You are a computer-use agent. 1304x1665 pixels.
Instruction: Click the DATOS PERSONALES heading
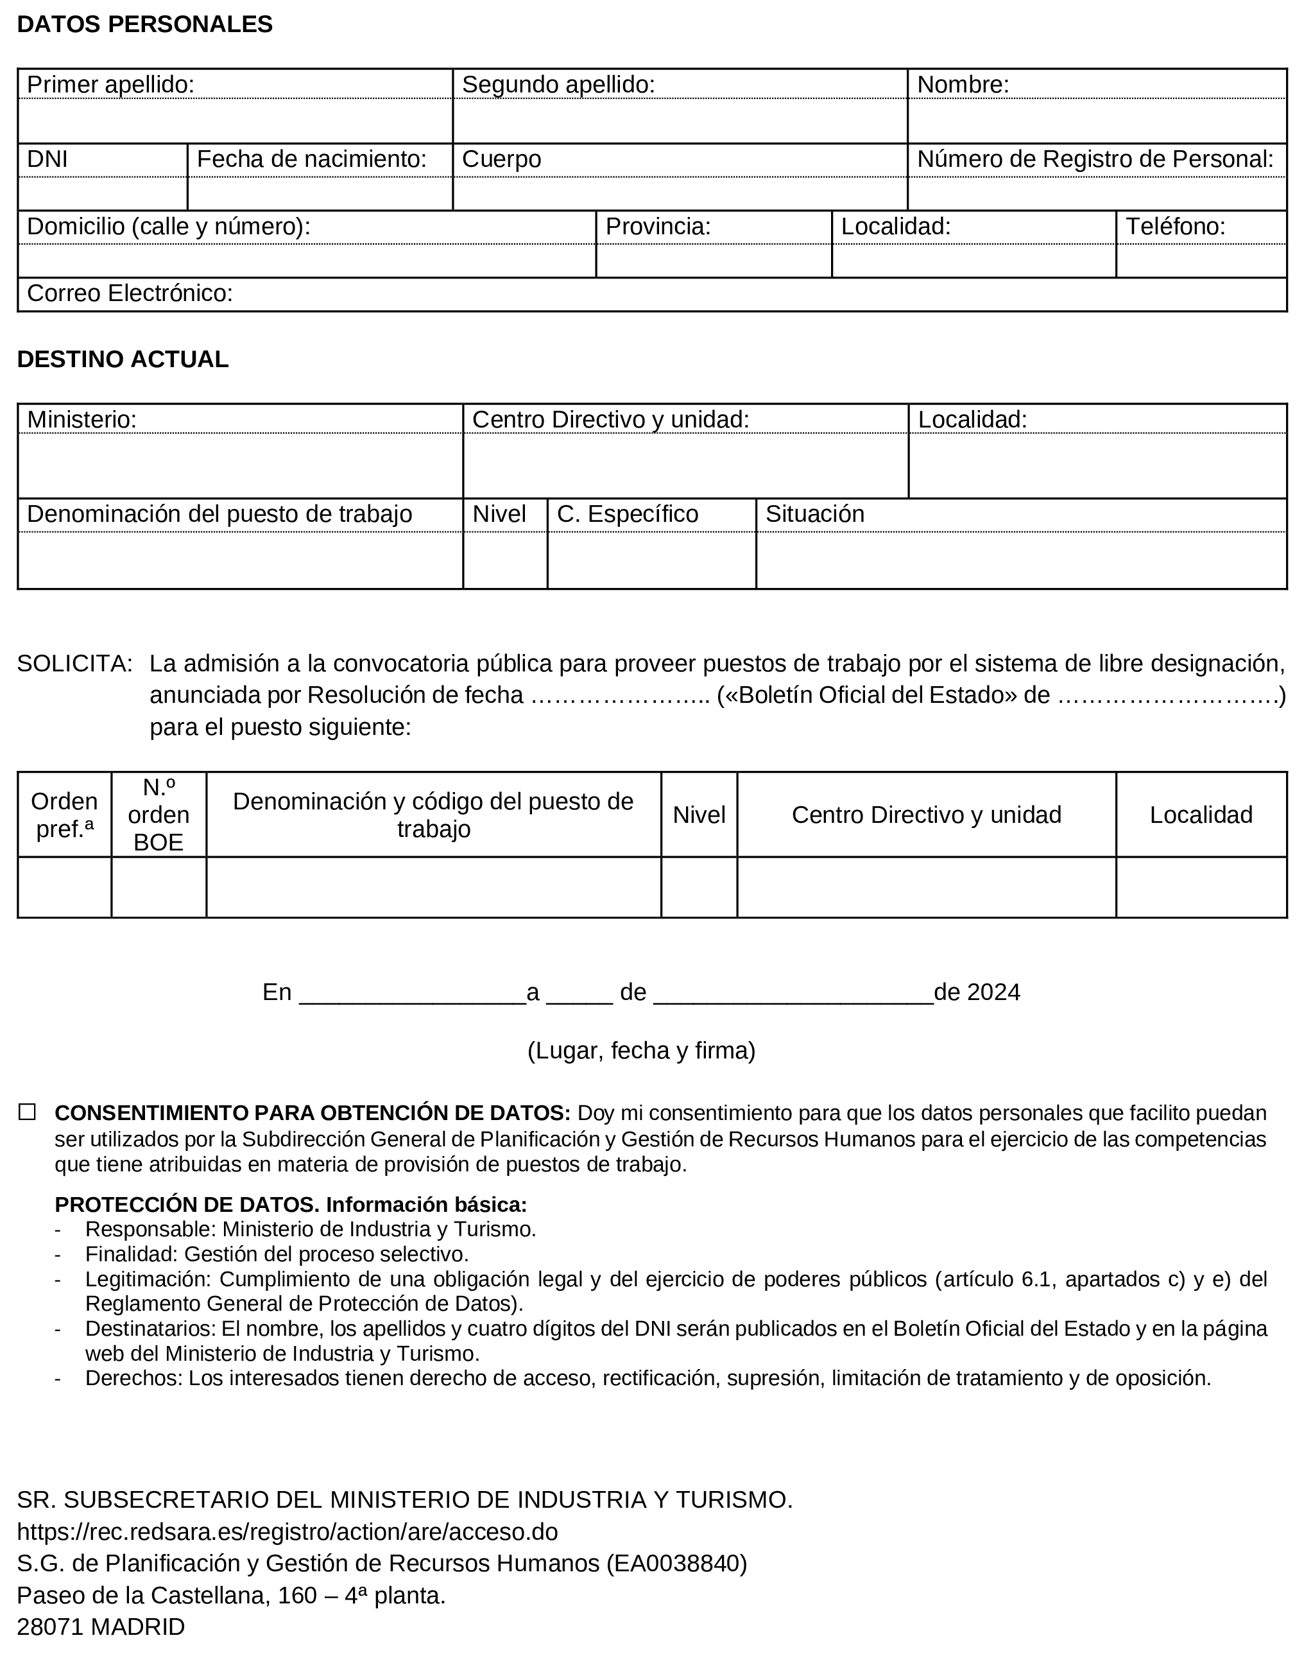144,24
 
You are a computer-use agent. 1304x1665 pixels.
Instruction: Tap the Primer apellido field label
111,85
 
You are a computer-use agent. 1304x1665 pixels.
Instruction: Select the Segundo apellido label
558,85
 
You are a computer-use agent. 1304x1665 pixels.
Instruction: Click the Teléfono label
1175,226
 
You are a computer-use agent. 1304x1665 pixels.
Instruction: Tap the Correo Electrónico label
130,293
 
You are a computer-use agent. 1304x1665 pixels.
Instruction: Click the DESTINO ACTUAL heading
122,359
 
